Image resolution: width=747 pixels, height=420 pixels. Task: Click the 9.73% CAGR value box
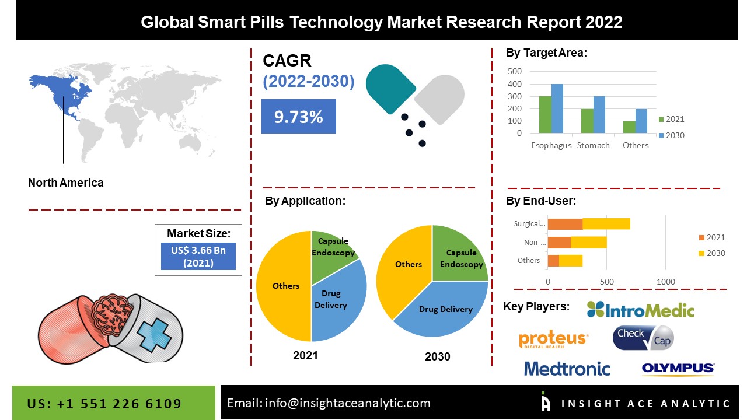[x=298, y=117]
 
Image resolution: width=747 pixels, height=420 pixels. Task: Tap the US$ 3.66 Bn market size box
[x=198, y=257]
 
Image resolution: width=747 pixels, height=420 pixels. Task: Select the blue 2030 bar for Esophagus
[x=557, y=109]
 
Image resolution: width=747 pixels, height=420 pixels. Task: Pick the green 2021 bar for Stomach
[x=587, y=121]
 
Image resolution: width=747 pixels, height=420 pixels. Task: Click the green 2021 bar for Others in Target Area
[x=629, y=127]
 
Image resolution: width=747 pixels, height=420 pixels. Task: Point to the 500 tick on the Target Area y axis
[x=515, y=71]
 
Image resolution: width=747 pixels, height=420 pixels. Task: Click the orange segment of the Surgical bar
[x=565, y=223]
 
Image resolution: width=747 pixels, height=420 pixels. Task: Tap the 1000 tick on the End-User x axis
[x=665, y=282]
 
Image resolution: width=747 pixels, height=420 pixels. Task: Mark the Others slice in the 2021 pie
[x=284, y=286]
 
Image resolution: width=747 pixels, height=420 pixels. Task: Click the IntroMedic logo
[x=640, y=310]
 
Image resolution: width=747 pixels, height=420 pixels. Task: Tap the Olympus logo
[x=678, y=368]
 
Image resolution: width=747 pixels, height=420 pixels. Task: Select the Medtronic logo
[x=567, y=369]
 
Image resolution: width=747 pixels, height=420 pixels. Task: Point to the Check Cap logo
[x=643, y=338]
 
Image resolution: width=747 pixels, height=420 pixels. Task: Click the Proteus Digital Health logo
[x=553, y=339]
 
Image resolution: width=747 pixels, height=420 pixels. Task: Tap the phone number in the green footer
[x=104, y=404]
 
